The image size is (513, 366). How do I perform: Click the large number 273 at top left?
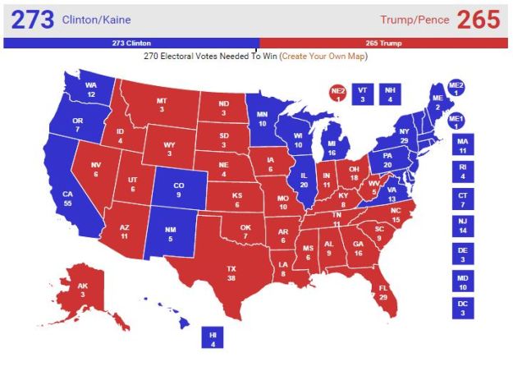tap(28, 19)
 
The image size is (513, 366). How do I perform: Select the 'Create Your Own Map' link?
tap(323, 56)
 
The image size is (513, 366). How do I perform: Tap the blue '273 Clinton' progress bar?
tap(132, 43)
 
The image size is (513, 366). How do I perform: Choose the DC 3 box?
tap(464, 309)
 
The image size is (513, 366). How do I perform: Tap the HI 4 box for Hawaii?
tap(212, 337)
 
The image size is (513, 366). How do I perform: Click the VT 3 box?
tap(362, 94)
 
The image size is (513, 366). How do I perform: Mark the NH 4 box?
tap(391, 94)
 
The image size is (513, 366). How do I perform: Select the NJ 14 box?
tap(464, 226)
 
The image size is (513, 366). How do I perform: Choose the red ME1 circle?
tap(456, 121)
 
